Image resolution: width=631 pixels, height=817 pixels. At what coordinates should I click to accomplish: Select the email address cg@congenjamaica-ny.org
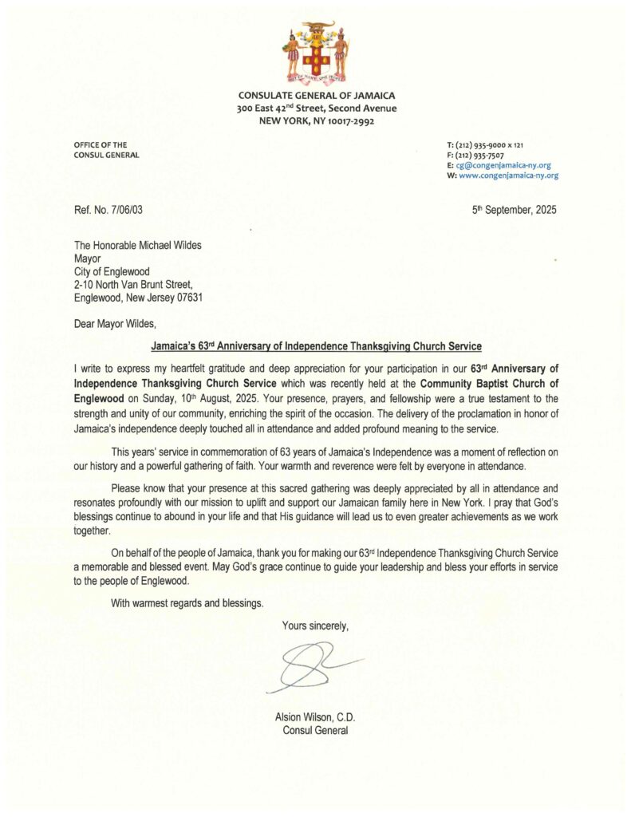click(x=503, y=165)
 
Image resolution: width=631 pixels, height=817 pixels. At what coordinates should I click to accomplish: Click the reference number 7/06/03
click(x=124, y=210)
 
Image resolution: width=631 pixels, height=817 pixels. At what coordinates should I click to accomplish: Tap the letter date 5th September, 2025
click(x=515, y=210)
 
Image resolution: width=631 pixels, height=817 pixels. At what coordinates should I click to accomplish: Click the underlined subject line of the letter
click(x=317, y=346)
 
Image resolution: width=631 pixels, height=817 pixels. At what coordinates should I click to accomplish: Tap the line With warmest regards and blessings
click(x=187, y=602)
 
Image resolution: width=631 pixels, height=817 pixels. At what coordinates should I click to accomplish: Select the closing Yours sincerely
click(x=315, y=626)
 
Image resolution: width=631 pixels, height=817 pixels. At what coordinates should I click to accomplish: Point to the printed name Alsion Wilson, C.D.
click(x=315, y=717)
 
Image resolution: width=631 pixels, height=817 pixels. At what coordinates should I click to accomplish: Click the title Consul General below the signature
click(x=315, y=731)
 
